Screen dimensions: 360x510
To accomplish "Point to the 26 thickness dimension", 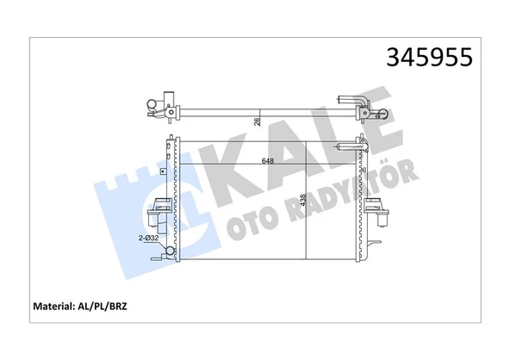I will coord(258,121).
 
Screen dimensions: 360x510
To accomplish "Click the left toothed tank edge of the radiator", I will coord(175,198).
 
